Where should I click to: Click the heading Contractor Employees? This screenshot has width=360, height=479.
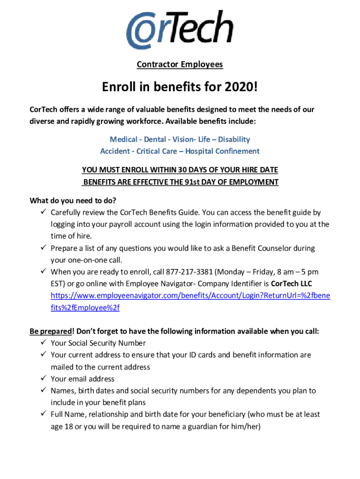tap(180, 64)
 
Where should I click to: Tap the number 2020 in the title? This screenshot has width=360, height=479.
tap(240, 87)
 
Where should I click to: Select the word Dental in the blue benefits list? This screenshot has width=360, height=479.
tap(155, 139)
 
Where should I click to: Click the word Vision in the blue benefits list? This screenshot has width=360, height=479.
tap(183, 139)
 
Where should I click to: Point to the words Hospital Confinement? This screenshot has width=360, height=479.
tap(223, 151)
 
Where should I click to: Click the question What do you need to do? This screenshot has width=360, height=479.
tap(73, 201)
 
